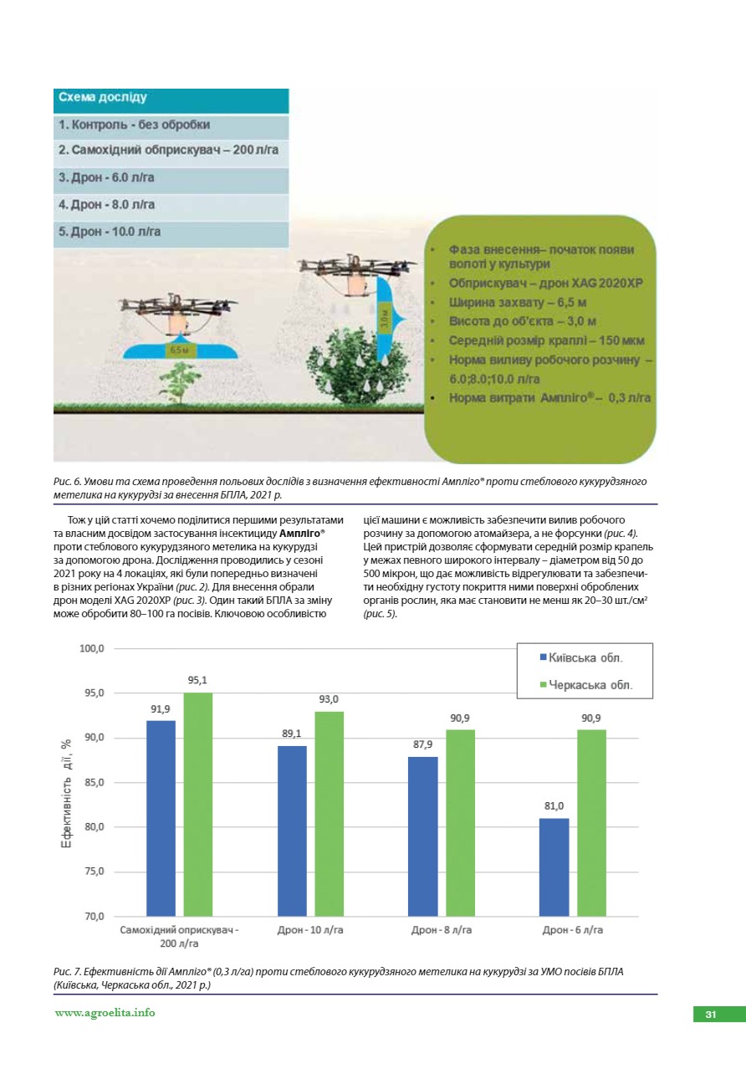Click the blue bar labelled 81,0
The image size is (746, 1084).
[554, 867]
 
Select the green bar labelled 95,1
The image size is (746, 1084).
[198, 804]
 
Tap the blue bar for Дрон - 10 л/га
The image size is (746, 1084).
[292, 831]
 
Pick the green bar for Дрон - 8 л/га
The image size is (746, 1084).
[460, 822]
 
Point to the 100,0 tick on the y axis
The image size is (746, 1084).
[92, 649]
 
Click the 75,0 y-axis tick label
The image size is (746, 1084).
[92, 872]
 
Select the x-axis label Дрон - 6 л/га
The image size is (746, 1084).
[573, 929]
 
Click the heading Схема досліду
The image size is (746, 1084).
[103, 98]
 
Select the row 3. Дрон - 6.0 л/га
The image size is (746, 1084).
[107, 178]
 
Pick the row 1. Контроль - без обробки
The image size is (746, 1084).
[134, 125]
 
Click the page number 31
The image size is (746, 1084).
[711, 1015]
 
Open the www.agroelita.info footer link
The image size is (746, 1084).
[105, 1013]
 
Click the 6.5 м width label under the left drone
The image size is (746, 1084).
[179, 350]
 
